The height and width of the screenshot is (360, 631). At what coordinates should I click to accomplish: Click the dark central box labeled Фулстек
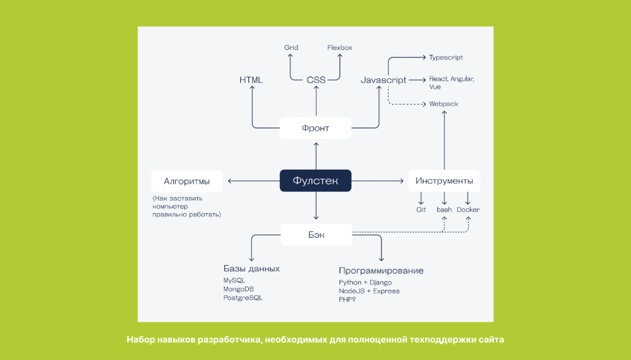pyautogui.click(x=315, y=181)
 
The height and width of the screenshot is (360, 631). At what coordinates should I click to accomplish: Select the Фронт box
pyautogui.click(x=315, y=128)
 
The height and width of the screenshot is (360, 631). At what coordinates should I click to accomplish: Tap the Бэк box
pyautogui.click(x=316, y=234)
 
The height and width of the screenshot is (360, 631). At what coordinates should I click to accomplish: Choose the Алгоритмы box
pyautogui.click(x=187, y=181)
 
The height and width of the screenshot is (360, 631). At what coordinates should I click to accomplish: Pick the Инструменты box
pyautogui.click(x=444, y=181)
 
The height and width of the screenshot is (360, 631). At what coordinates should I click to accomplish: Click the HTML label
pyautogui.click(x=251, y=80)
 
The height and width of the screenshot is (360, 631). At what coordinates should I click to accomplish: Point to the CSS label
pyautogui.click(x=316, y=80)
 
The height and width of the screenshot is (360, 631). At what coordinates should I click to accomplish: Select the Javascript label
pyautogui.click(x=383, y=80)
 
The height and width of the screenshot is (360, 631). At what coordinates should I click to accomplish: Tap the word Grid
pyautogui.click(x=291, y=47)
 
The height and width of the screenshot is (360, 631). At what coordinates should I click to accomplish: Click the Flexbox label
pyautogui.click(x=340, y=47)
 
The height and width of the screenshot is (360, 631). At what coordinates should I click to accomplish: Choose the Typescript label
pyautogui.click(x=446, y=57)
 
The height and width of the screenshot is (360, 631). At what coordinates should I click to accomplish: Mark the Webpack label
pyautogui.click(x=444, y=104)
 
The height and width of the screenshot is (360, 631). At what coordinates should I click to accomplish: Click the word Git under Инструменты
pyautogui.click(x=421, y=210)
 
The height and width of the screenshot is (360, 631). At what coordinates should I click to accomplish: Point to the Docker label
pyautogui.click(x=468, y=210)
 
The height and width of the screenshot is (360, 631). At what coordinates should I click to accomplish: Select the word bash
pyautogui.click(x=444, y=210)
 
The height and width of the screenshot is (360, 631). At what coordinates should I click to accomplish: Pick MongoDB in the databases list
pyautogui.click(x=239, y=289)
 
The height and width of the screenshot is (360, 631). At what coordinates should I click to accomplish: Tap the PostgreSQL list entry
pyautogui.click(x=243, y=298)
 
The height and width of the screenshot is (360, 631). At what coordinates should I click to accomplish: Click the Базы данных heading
pyautogui.click(x=251, y=269)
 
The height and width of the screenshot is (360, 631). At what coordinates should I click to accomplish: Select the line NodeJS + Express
pyautogui.click(x=369, y=291)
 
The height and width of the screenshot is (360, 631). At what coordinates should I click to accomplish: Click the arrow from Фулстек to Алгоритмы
pyautogui.click(x=253, y=181)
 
